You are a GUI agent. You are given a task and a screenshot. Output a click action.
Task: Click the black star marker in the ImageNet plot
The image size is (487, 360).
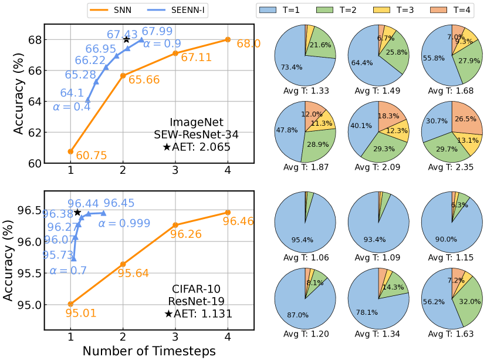coord(126,40)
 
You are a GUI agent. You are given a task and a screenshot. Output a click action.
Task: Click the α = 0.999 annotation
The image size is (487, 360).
coord(124,224)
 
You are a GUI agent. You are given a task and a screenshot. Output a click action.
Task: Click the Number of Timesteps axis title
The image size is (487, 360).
coord(148,351)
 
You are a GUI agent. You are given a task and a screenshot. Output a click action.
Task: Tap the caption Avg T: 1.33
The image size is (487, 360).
coord(305,90)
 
